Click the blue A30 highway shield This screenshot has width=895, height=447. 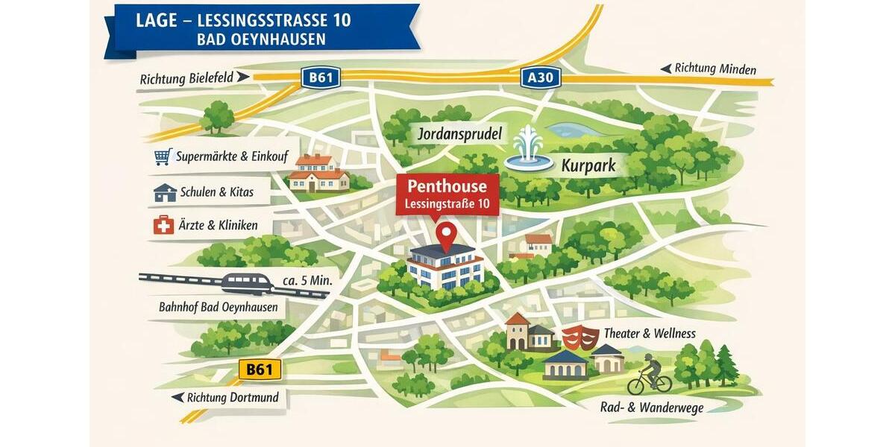click(x=540, y=77)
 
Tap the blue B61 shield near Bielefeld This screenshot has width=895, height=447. click(x=320, y=77)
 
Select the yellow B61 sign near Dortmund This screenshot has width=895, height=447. click(x=260, y=369)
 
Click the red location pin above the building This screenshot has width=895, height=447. click(x=446, y=235)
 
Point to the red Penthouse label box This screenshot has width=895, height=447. click(x=447, y=194)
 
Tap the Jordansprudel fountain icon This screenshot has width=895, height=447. click(x=528, y=149)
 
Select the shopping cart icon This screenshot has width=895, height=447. click(x=162, y=156)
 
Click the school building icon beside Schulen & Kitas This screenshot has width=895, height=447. click(x=164, y=192)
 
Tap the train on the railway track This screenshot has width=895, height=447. click(x=247, y=284)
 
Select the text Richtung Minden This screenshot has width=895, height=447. click(x=715, y=69)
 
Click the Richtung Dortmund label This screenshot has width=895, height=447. click(x=232, y=397)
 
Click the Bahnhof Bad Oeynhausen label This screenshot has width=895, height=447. click(x=218, y=307)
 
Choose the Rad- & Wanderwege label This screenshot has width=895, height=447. click(x=651, y=407)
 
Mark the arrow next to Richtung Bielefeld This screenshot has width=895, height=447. click(x=242, y=77)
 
